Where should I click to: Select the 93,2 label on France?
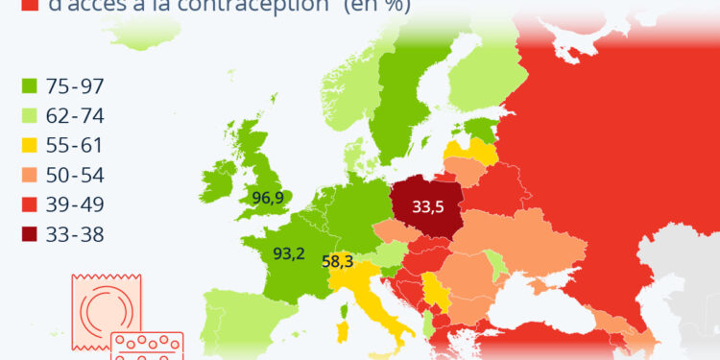[289, 254]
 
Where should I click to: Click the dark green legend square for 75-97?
[29, 86]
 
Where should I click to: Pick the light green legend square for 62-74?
[29, 116]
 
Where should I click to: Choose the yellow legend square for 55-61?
[29, 146]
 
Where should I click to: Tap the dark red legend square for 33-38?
[29, 234]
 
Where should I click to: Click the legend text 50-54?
[80, 176]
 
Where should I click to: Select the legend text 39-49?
[80, 204]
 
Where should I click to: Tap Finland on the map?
[485, 86]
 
